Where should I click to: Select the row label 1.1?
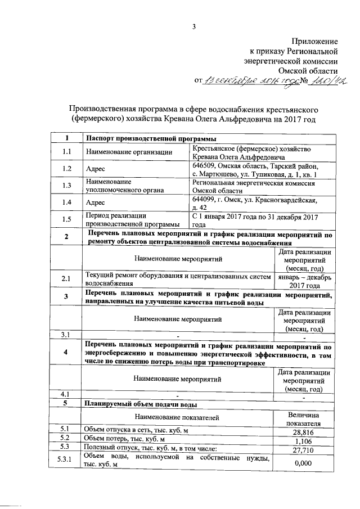pyautogui.click(x=66, y=152)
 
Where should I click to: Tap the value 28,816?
pyautogui.click(x=303, y=432)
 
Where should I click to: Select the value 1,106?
pyautogui.click(x=303, y=442)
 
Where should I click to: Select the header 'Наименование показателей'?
pyautogui.click(x=176, y=417)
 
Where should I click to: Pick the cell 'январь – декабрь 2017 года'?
pyautogui.click(x=303, y=280)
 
